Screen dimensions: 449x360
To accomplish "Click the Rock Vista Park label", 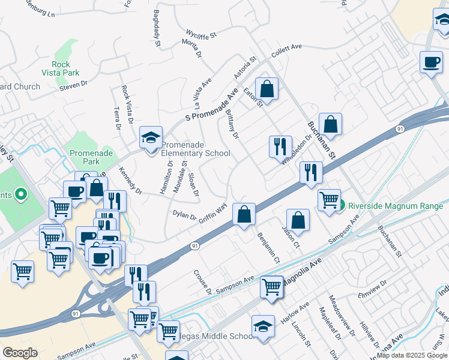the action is (61, 68).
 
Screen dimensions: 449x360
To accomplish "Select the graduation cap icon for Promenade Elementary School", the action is (151, 137).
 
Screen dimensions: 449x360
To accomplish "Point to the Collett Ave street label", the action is (286, 49).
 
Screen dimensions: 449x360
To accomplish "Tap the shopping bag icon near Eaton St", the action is (267, 89).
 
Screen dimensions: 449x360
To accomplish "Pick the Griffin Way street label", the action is (213, 212).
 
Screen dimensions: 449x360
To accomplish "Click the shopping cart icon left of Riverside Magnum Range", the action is (329, 199).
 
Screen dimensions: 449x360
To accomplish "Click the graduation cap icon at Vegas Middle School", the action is (263, 327).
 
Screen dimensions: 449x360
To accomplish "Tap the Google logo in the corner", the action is (20, 353).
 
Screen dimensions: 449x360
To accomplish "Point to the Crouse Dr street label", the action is (202, 282).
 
